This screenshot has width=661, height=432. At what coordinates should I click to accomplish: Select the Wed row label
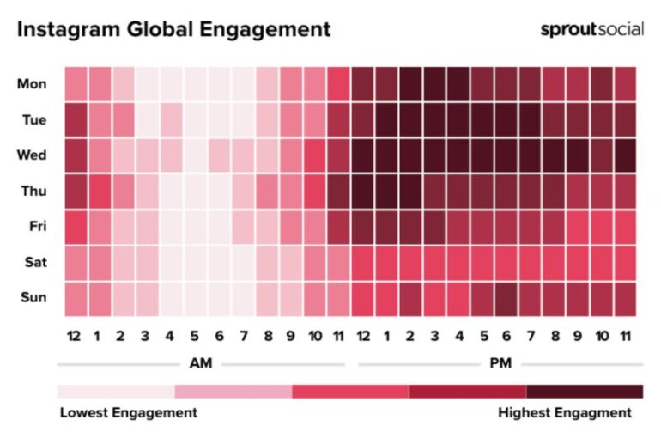click(33, 155)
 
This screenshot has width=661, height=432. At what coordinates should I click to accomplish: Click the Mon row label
click(33, 83)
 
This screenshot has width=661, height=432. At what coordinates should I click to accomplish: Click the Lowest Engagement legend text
click(128, 413)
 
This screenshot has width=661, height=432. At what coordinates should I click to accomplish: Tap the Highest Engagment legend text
click(569, 413)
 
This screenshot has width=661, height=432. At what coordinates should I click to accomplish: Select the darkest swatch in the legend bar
click(585, 392)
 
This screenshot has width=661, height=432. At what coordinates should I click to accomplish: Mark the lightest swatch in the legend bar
click(116, 392)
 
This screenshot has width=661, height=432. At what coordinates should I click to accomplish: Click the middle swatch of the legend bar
click(350, 392)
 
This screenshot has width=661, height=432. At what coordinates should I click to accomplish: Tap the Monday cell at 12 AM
click(75, 83)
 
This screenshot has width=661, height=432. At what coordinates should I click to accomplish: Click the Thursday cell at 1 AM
click(99, 191)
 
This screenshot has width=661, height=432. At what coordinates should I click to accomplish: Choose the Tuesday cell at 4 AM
click(171, 119)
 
